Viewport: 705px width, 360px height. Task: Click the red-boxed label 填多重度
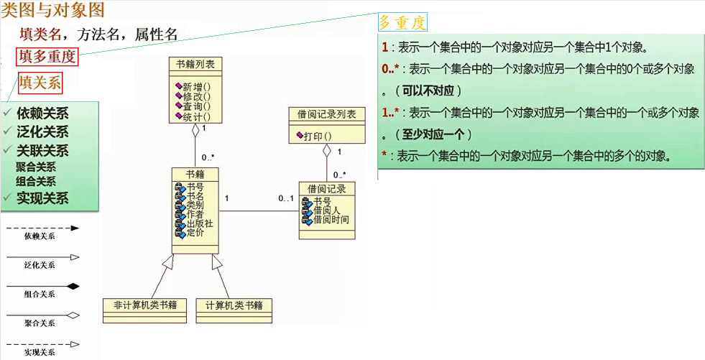coord(47,57)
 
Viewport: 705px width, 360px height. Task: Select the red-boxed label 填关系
coord(40,82)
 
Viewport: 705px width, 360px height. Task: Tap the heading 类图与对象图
coord(53,10)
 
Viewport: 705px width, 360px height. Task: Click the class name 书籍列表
coord(195,64)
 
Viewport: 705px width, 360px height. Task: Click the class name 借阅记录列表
coord(326,114)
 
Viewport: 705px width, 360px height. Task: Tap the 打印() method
coord(317,135)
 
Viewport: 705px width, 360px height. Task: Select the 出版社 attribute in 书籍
coord(199,223)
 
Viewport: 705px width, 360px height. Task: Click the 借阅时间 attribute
coord(331,219)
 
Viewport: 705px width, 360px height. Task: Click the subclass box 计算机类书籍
coord(234,305)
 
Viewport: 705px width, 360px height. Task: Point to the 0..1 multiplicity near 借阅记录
coord(285,198)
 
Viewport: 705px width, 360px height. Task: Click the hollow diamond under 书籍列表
coord(195,131)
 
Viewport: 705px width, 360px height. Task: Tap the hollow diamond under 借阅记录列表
coord(326,151)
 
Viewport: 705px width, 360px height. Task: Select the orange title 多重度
coord(402,23)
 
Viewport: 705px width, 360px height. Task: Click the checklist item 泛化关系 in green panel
coord(42,131)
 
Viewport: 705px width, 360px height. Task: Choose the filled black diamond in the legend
coord(73,286)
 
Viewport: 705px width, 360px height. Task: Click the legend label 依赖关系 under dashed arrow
coord(40,235)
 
